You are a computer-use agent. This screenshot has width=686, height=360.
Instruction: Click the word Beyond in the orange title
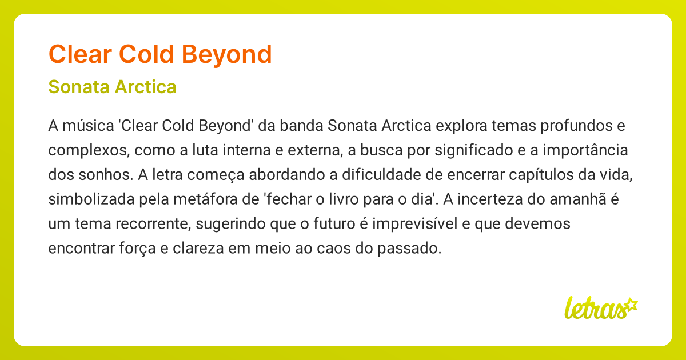[x=228, y=54]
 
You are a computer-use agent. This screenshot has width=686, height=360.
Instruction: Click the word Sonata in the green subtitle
[x=79, y=87]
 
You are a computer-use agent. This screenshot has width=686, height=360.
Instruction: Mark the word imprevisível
[x=416, y=224]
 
